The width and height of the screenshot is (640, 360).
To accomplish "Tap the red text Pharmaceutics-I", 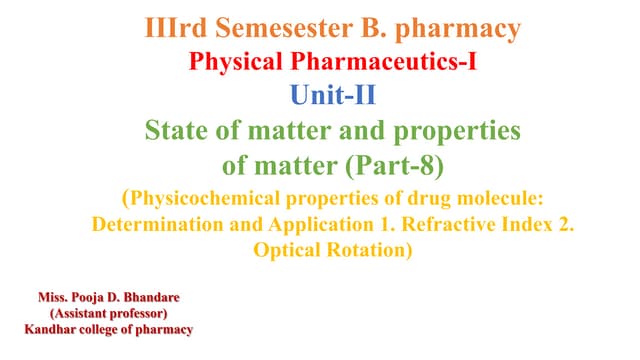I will tap(384, 63).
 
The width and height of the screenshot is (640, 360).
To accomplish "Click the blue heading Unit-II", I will tap(320, 96).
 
